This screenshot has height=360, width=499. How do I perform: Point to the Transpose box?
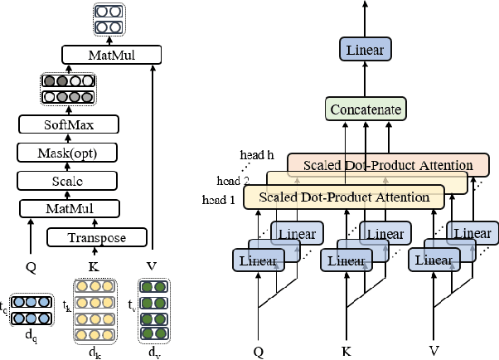tap(96, 238)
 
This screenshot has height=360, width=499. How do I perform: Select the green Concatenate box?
tap(366, 109)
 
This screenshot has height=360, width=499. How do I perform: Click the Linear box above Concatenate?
tap(366, 51)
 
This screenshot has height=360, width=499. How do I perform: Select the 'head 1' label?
tap(219, 200)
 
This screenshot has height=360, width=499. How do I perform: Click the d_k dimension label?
tap(94, 352)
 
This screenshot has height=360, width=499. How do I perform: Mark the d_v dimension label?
tap(153, 352)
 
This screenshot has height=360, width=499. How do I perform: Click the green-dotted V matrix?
tap(153, 310)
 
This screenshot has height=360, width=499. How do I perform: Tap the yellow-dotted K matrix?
tap(95, 310)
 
